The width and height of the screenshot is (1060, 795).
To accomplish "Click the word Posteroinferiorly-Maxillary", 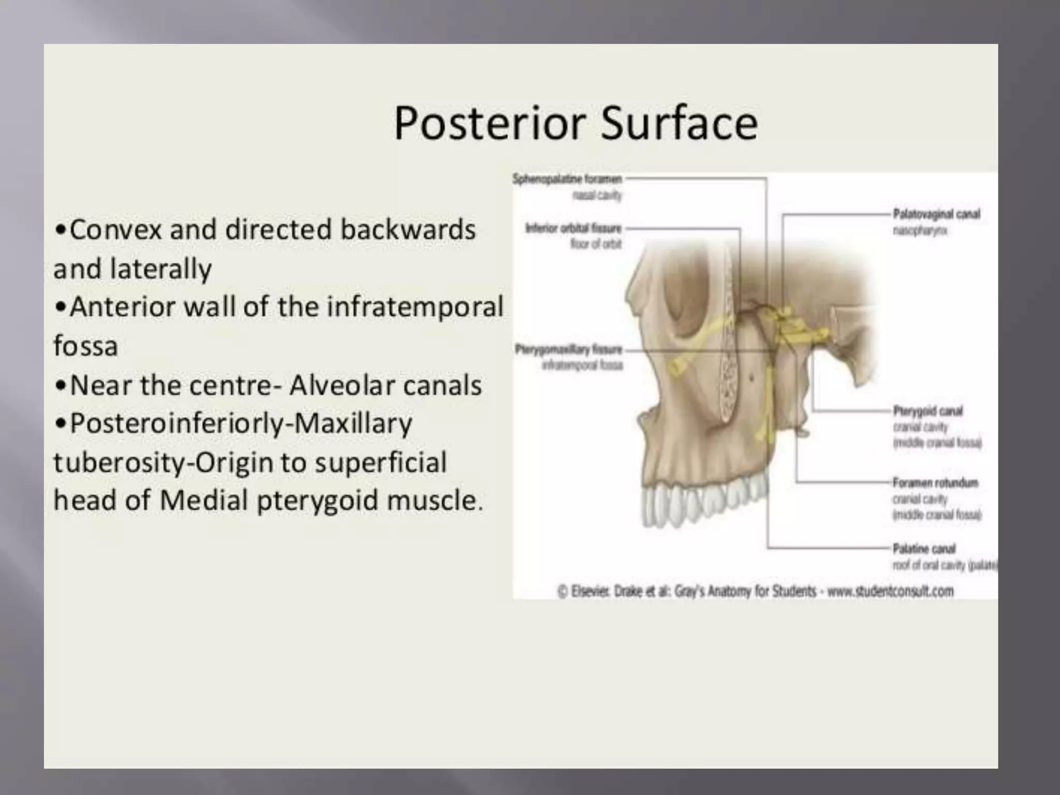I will tap(241, 424).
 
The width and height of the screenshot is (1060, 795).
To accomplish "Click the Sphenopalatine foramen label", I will tap(567, 179).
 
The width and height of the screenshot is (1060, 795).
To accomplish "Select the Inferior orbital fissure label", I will tap(573, 228).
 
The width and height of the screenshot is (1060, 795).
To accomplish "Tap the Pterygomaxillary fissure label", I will tap(568, 349).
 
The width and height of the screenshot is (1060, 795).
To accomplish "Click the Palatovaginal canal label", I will tap(936, 214).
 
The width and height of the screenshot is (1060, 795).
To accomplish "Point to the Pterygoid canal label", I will tap(927, 411).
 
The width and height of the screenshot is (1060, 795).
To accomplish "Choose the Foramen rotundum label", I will tap(935, 482).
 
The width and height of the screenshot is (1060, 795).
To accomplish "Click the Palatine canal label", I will tap(924, 548).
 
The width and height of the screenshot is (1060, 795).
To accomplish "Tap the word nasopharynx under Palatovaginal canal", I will tap(920, 230).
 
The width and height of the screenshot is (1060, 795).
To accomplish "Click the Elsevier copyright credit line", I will tap(755, 591).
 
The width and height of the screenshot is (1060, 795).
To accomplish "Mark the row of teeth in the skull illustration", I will tap(704, 499).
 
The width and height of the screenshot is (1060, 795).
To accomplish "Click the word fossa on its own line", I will tap(86, 346).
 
